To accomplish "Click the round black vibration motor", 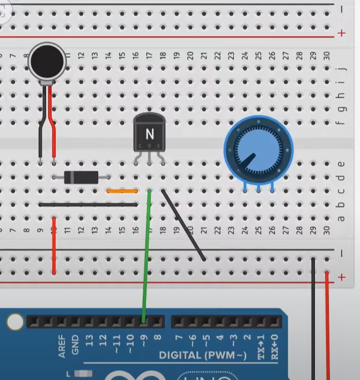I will (x=47, y=62).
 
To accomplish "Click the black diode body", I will (x=81, y=177).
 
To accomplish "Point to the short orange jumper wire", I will (x=122, y=191).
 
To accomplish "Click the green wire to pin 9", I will (x=146, y=258).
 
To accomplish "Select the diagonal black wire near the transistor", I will (x=183, y=225).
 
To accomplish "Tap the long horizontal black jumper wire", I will (x=88, y=204).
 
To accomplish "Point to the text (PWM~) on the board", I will (x=227, y=355).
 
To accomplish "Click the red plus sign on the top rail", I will (x=342, y=33).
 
